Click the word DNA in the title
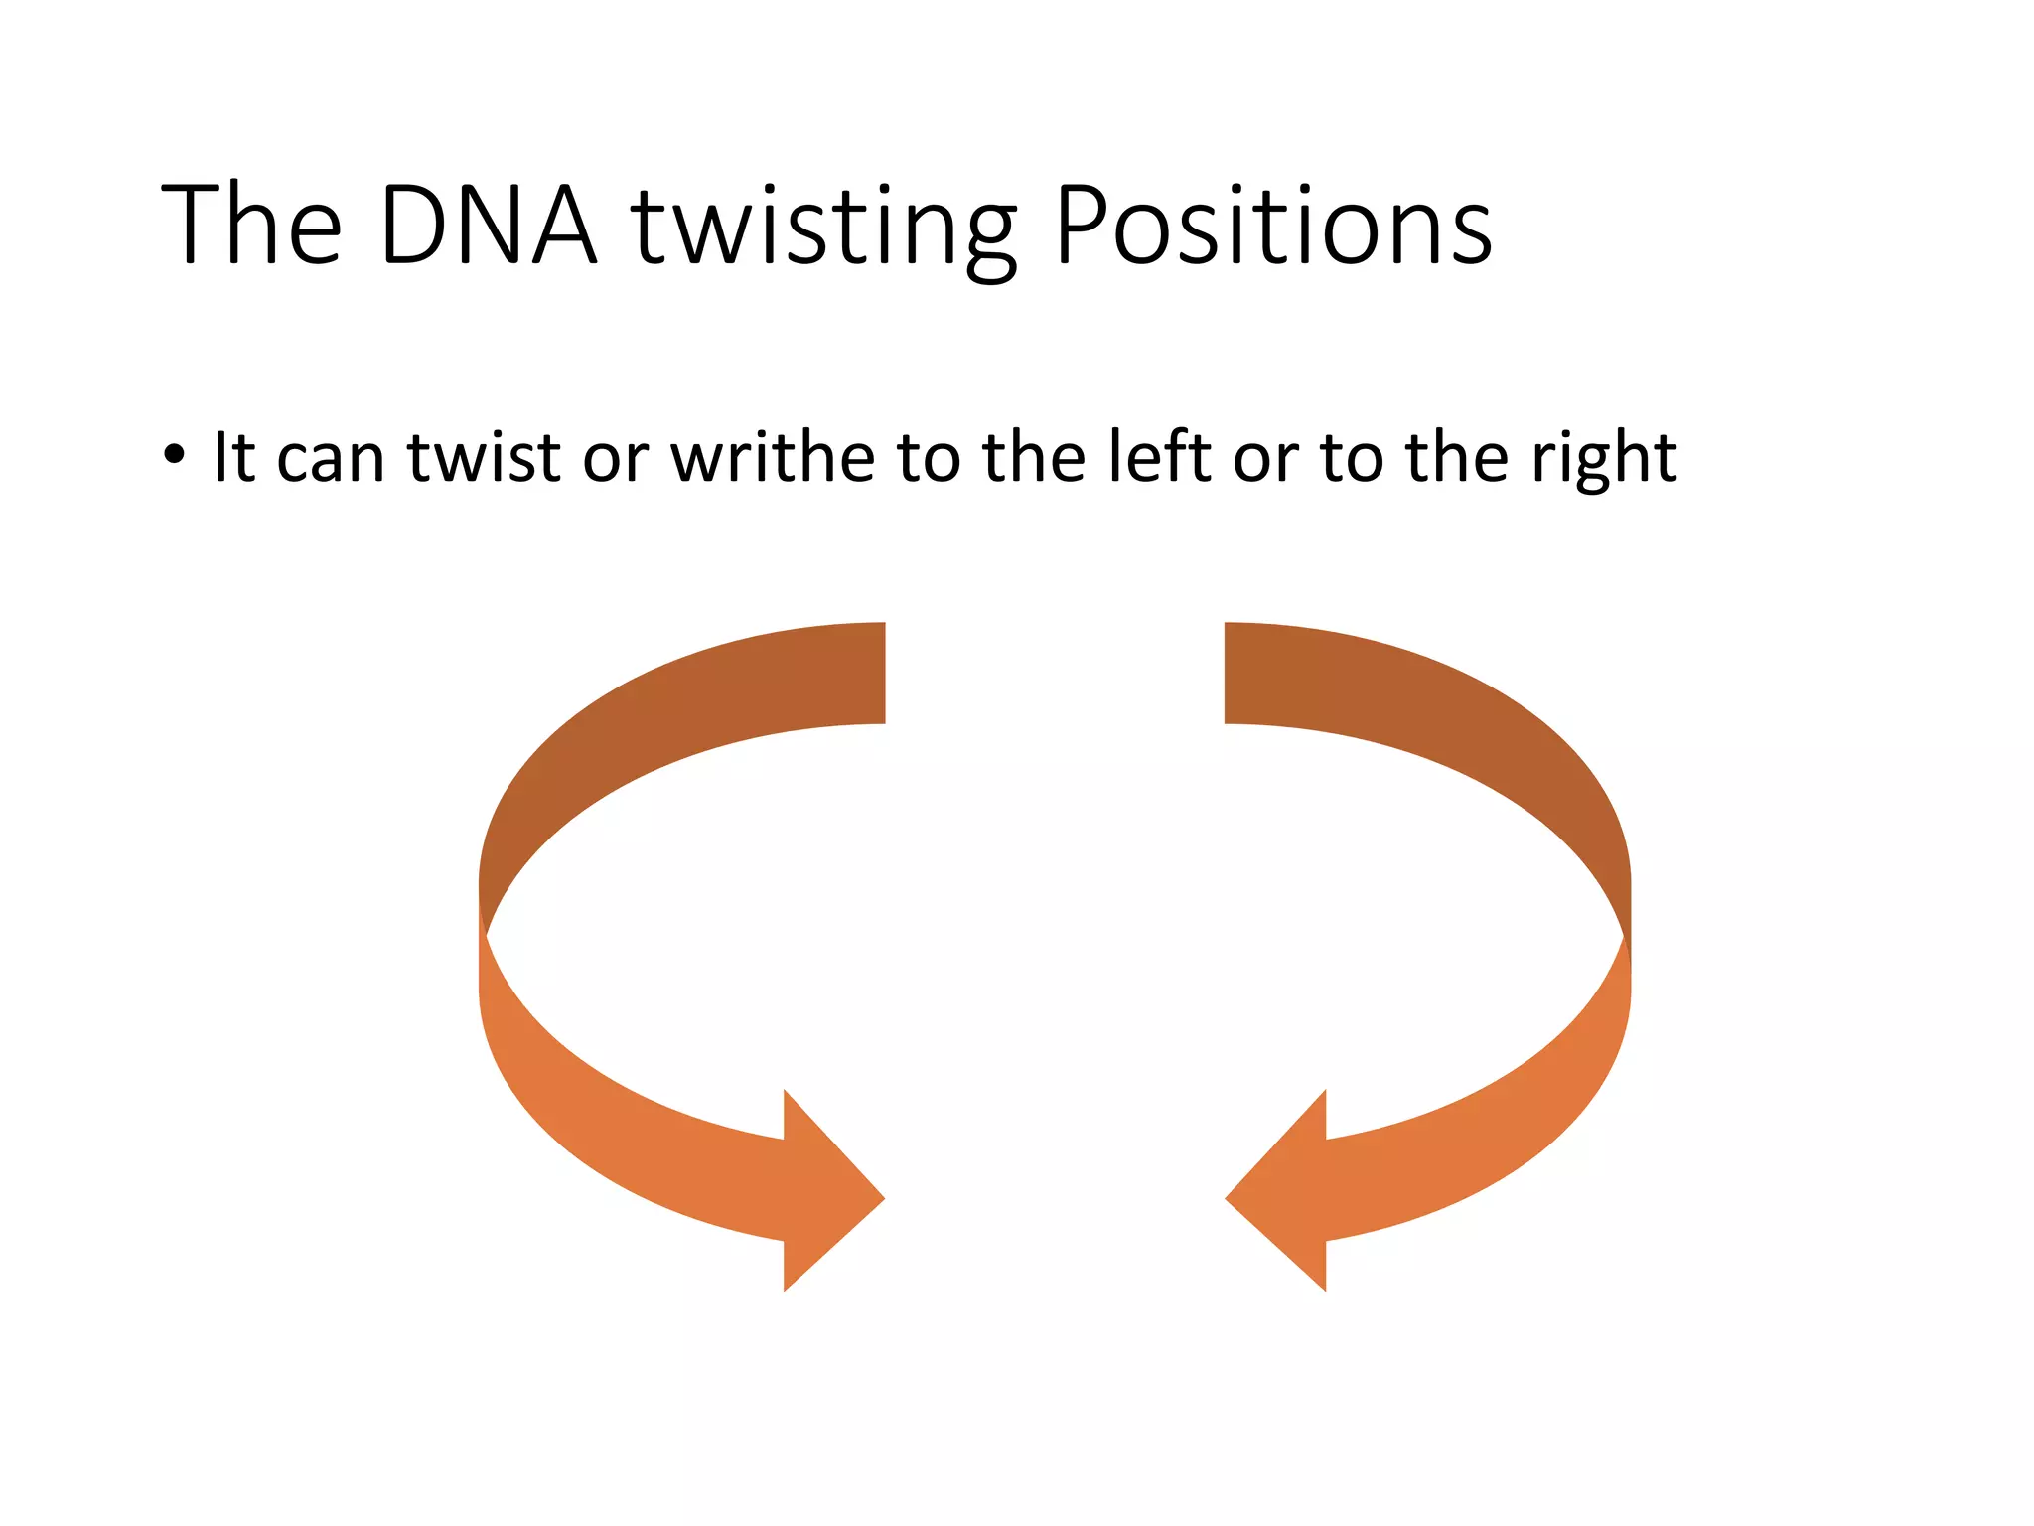(488, 226)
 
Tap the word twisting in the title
(823, 226)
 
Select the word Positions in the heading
(1272, 226)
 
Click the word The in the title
(252, 226)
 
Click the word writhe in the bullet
(773, 458)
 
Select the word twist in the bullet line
(485, 458)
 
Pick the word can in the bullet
(330, 460)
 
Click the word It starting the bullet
(234, 458)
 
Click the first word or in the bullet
(615, 460)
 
